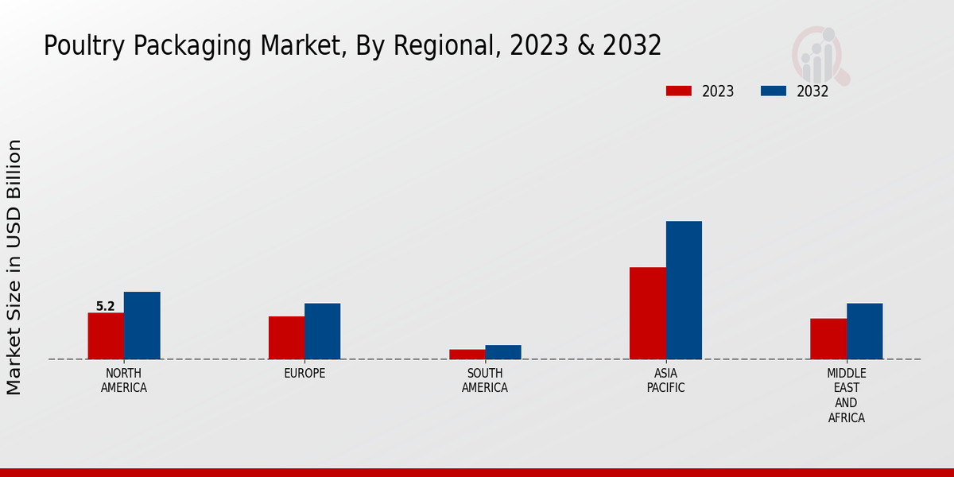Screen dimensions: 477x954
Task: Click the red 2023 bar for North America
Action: pos(106,335)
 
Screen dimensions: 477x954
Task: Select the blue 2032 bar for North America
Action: pos(142,325)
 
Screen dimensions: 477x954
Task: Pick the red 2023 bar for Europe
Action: pos(286,337)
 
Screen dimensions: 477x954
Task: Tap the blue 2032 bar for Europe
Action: pos(322,331)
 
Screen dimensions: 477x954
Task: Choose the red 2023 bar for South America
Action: pos(467,354)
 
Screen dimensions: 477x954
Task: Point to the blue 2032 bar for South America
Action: pos(503,351)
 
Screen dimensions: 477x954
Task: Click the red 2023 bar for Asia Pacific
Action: pos(647,312)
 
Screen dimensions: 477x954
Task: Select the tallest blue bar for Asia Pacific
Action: pos(684,289)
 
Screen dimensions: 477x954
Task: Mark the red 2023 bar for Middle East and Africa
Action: pos(828,339)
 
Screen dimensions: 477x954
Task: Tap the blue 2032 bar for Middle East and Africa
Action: pos(864,331)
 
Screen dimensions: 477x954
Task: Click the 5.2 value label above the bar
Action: pos(105,306)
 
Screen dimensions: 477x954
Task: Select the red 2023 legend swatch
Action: pos(678,91)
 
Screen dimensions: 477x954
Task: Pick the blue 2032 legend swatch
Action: pos(774,91)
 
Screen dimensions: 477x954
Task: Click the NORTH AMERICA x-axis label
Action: pos(124,381)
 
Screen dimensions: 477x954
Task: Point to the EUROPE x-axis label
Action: pos(304,374)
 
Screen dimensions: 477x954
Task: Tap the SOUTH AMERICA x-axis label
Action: pos(485,381)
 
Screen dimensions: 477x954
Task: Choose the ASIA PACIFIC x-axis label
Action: pos(665,381)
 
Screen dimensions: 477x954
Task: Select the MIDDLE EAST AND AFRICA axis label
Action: pos(846,395)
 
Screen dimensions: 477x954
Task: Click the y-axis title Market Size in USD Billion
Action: pos(14,266)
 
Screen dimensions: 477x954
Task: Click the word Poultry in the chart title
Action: pos(72,46)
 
